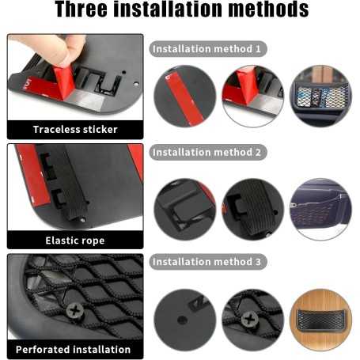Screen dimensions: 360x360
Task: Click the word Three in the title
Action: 81,9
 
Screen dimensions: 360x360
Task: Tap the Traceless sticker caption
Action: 75,130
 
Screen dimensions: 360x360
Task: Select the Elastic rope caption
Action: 75,241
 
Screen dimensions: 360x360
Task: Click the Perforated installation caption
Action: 73,350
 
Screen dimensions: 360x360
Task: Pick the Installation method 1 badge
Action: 208,49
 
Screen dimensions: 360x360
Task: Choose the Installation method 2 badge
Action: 208,152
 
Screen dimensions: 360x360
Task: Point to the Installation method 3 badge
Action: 208,262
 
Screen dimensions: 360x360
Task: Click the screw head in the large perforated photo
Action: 75,311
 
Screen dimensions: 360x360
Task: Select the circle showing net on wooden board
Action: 320,320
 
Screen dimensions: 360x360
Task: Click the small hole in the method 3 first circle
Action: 182,320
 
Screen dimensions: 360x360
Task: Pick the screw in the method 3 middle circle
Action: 249,320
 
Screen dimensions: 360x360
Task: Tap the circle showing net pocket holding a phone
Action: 320,96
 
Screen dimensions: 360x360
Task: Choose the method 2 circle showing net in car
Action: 320,209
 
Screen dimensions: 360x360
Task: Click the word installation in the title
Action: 168,9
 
